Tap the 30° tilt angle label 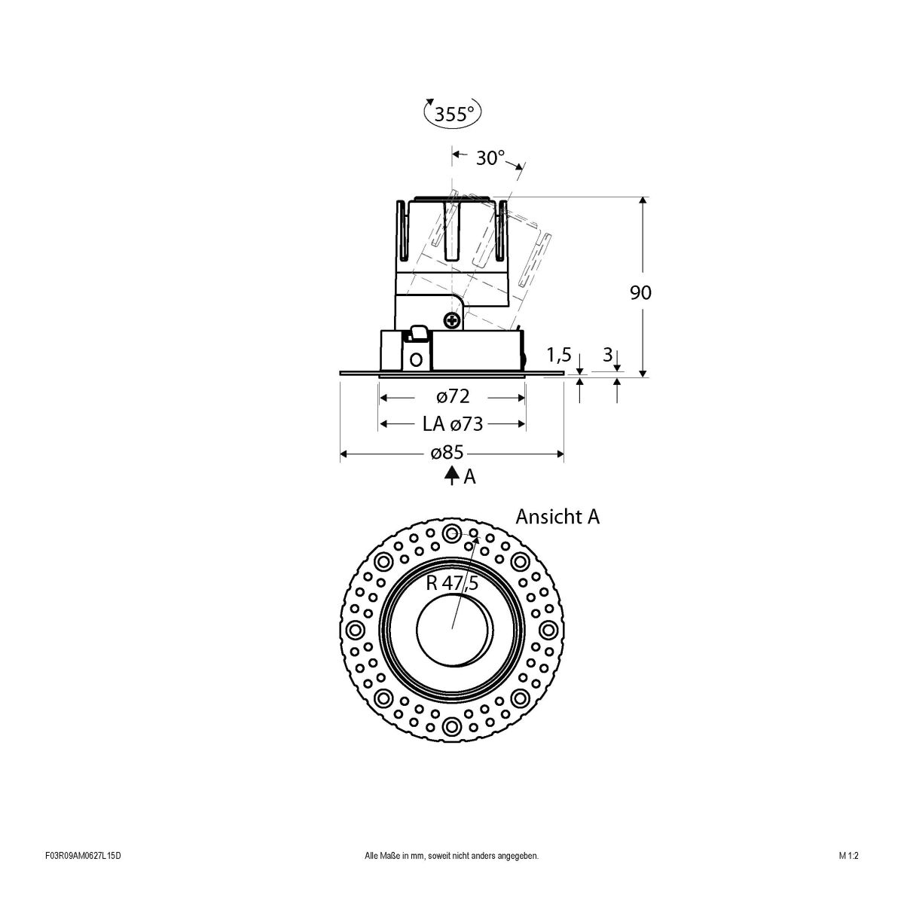[x=490, y=158]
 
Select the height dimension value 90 [x=640, y=292]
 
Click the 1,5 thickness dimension [x=558, y=354]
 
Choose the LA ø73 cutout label [x=452, y=424]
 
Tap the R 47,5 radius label [x=452, y=582]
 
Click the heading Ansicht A [x=557, y=517]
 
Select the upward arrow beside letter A [x=451, y=475]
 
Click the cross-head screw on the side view [x=452, y=321]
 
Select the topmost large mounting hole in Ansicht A [x=452, y=534]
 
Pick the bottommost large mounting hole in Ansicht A [x=452, y=725]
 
